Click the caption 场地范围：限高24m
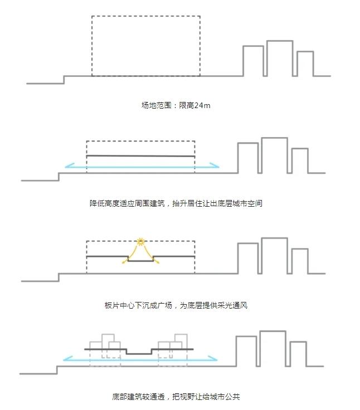176,105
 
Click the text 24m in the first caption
202,105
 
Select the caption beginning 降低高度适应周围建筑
176,203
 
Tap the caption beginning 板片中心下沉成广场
176,305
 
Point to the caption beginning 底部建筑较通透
176,397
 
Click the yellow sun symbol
140,242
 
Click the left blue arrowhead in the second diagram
70,165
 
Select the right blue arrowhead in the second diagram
215,165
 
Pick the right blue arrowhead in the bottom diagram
213,358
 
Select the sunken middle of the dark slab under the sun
140,261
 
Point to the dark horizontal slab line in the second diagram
140,156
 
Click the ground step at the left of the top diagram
64,80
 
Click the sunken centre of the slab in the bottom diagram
139,354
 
